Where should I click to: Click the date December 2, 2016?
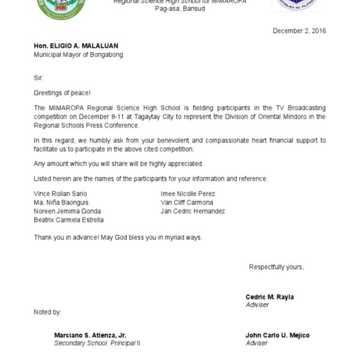coord(299,31)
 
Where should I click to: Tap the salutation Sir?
coord(38,78)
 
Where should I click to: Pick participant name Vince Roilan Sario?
coord(61,194)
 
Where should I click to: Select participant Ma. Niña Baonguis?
coord(61,202)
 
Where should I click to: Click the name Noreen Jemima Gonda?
coord(67,211)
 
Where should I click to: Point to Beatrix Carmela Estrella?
coord(69,220)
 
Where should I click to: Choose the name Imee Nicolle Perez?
coord(188,194)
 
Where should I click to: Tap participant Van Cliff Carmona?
coord(187,202)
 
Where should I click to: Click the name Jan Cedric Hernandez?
coord(193,211)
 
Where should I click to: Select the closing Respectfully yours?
coord(276,267)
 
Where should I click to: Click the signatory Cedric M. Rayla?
coord(269,297)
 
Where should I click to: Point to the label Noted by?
coord(47,313)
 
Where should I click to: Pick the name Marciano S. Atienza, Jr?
coord(90,335)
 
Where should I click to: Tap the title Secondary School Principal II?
coord(97,343)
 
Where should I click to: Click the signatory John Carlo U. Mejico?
coord(277,335)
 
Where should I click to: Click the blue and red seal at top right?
coord(296,5)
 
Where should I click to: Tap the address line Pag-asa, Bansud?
coord(180,9)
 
